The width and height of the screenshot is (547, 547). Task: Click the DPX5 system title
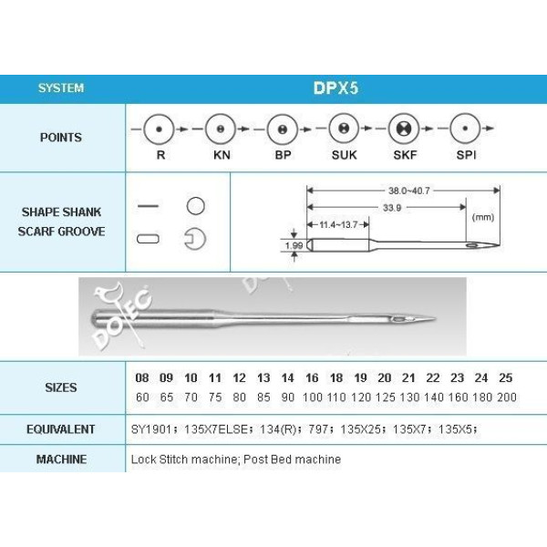[x=335, y=88]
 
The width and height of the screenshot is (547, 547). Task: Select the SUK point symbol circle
[x=344, y=129]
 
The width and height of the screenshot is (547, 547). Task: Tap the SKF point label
[x=405, y=155]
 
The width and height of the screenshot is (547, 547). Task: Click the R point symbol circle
[x=159, y=129]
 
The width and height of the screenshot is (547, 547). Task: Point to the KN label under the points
[x=222, y=155]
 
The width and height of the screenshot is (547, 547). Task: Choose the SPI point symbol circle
[x=465, y=129]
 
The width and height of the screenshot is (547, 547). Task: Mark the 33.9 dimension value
[x=392, y=208]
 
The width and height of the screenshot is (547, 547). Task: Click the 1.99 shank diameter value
[x=294, y=245]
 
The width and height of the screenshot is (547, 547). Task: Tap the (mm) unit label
[x=483, y=217]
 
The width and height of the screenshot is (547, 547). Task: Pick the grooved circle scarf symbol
[x=195, y=239]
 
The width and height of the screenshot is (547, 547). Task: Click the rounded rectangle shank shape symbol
[x=149, y=239]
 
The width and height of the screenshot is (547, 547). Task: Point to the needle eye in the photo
[x=397, y=319]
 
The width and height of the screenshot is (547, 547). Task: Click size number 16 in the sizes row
[x=312, y=377]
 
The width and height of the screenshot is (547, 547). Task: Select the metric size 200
[x=507, y=397]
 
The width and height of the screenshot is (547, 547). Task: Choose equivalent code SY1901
[x=150, y=429]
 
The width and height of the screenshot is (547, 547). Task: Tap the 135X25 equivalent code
[x=360, y=429]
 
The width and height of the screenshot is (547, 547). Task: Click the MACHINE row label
[x=61, y=459]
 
